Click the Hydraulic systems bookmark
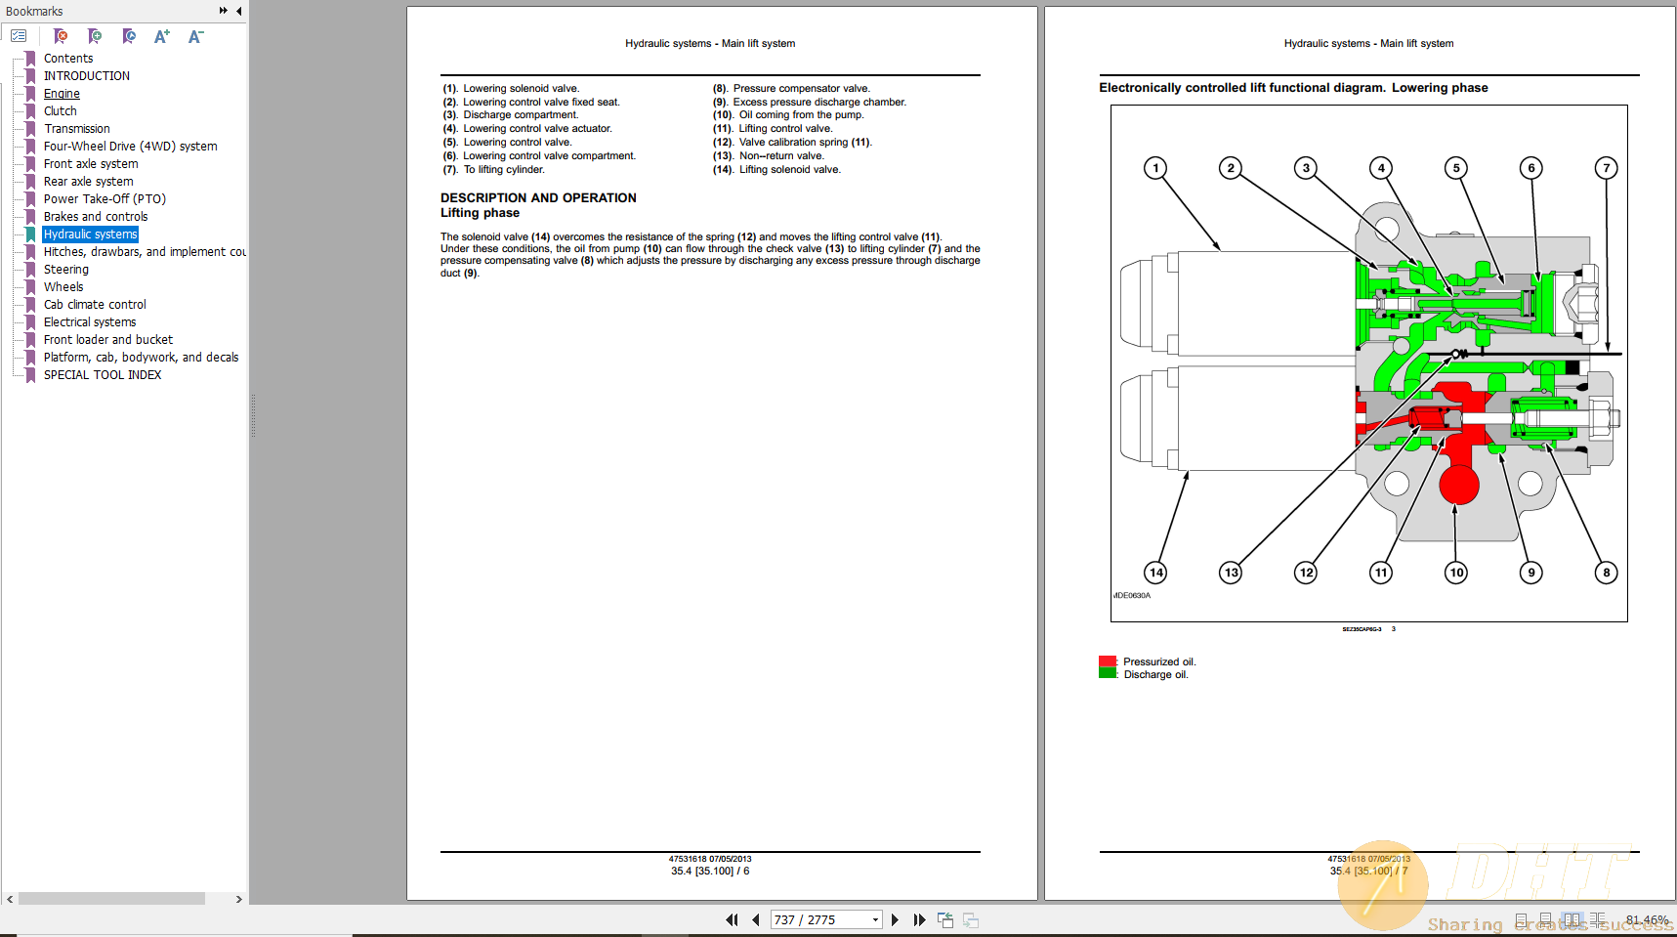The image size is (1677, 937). click(x=90, y=234)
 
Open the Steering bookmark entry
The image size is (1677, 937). click(x=65, y=270)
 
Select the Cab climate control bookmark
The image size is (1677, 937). click(x=95, y=305)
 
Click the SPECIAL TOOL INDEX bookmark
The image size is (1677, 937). click(x=103, y=375)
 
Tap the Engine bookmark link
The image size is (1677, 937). click(x=62, y=94)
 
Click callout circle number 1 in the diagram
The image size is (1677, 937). click(x=1155, y=168)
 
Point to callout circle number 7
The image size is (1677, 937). click(x=1606, y=168)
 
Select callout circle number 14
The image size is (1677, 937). click(x=1155, y=573)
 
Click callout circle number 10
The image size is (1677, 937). click(x=1455, y=573)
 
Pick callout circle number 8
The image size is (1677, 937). click(x=1606, y=573)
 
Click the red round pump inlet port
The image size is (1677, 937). click(x=1458, y=484)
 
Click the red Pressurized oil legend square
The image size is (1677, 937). click(x=1108, y=661)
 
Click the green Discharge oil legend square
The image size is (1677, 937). click(x=1108, y=673)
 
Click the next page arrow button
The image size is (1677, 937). click(x=895, y=919)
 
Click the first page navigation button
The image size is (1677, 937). click(x=732, y=919)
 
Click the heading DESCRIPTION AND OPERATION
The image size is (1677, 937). click(x=538, y=197)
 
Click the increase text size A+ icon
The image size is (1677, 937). click(x=161, y=37)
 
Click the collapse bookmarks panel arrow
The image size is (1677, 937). click(x=239, y=11)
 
